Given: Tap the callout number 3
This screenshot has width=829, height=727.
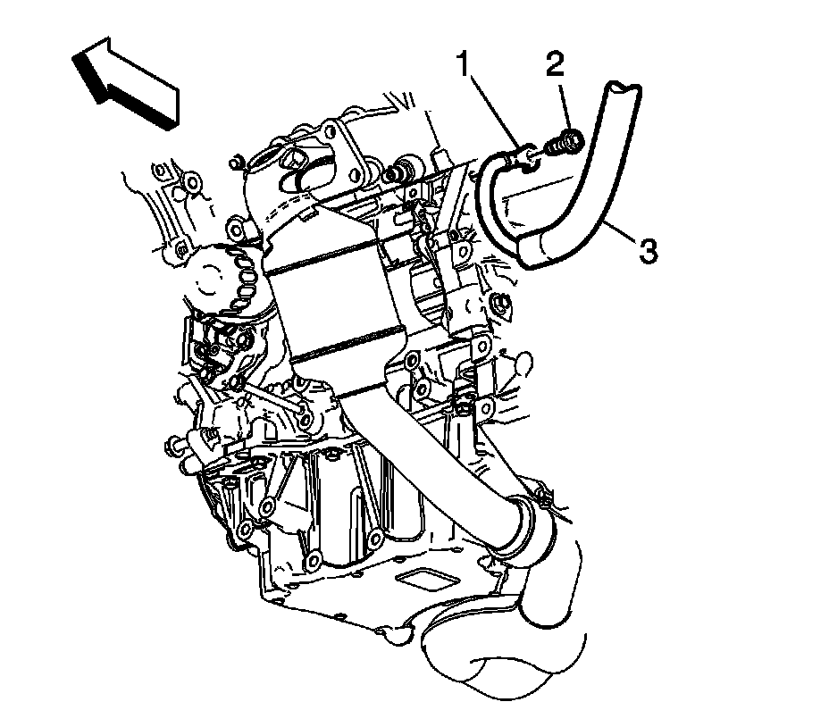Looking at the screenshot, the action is pyautogui.click(x=648, y=251).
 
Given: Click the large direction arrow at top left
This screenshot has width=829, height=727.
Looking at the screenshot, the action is pyautogui.click(x=125, y=84).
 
